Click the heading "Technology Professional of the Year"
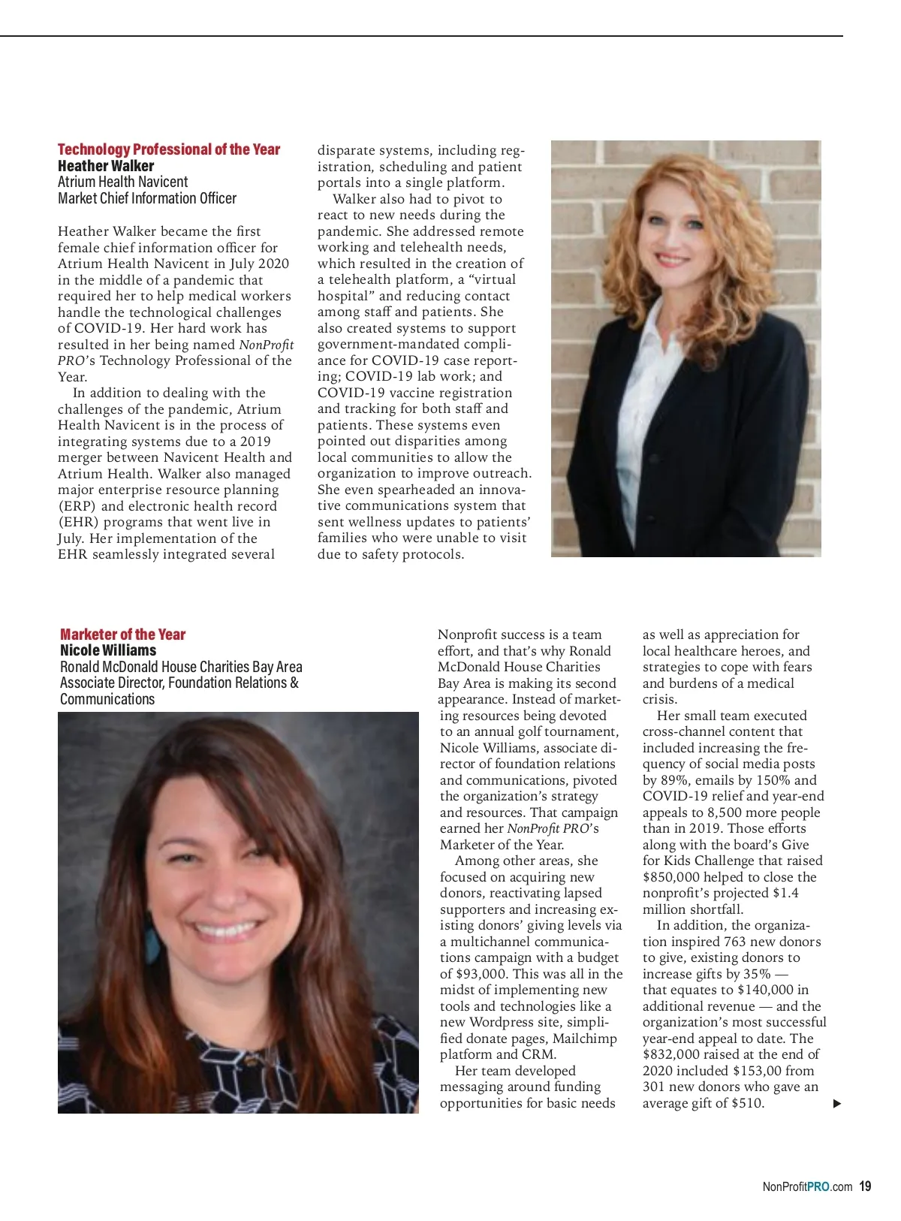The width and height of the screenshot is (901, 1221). [x=169, y=149]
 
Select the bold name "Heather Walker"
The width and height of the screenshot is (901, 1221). [x=106, y=166]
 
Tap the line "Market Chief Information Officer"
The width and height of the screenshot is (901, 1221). [x=147, y=198]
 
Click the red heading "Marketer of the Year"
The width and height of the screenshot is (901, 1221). [x=122, y=635]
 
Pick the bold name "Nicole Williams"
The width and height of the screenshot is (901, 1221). [x=108, y=650]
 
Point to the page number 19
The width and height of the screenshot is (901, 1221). [x=865, y=1186]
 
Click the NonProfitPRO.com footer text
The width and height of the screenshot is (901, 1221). [x=807, y=1187]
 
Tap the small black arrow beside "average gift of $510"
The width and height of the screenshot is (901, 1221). [x=837, y=1104]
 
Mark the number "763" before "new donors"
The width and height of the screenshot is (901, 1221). [x=736, y=942]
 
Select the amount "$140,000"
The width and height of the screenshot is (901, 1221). [x=765, y=990]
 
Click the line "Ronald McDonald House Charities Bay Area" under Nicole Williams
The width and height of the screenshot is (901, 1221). [x=181, y=667]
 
